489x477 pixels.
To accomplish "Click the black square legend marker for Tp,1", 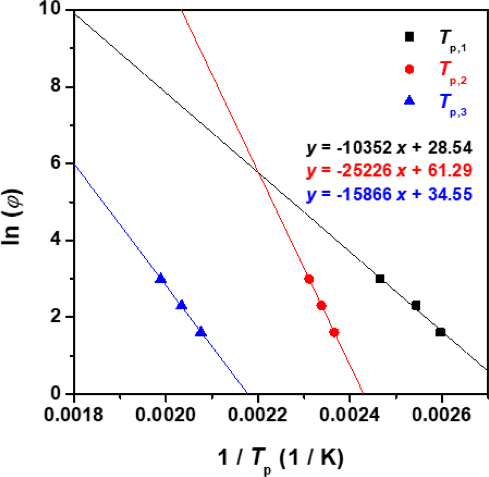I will pyautogui.click(x=410, y=37).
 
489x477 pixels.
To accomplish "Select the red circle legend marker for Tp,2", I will pyautogui.click(x=410, y=69).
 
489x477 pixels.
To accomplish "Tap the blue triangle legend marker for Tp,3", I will pyautogui.click(x=410, y=101).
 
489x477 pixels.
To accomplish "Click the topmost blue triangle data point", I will pyautogui.click(x=161, y=279).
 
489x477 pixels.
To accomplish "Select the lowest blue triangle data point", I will pyautogui.click(x=201, y=332).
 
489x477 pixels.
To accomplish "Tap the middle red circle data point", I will pyautogui.click(x=322, y=305).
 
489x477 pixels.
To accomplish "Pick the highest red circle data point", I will pyautogui.click(x=309, y=279).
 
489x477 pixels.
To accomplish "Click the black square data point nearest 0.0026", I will pyautogui.click(x=440, y=332).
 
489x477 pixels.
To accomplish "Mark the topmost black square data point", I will pyautogui.click(x=380, y=279).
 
